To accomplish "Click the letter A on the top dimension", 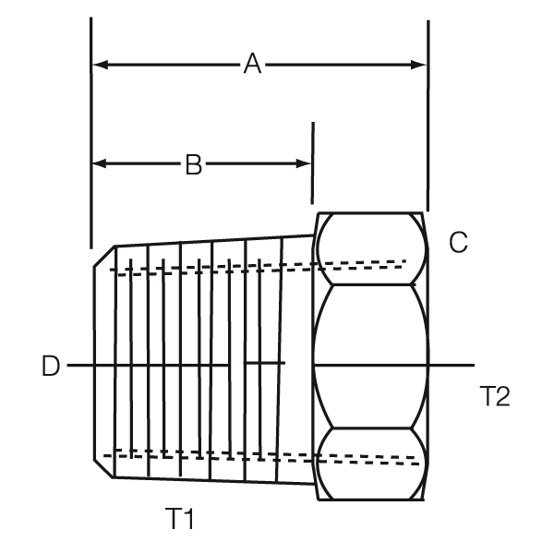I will click(251, 65).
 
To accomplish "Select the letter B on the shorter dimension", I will click(193, 164).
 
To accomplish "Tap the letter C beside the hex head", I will click(458, 243).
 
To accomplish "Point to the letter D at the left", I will click(51, 367).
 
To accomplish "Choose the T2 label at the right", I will click(495, 396).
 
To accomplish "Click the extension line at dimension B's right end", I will click(312, 162).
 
